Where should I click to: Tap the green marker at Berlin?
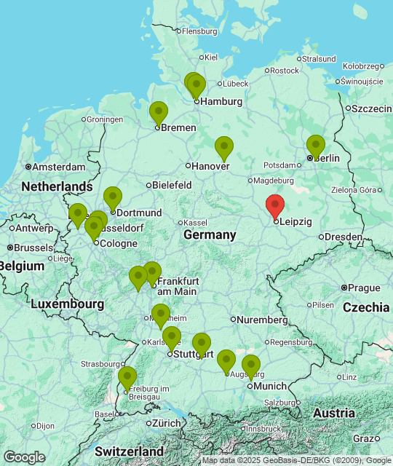click(315, 146)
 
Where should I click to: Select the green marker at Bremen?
click(158, 113)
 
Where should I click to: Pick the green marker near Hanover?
click(224, 148)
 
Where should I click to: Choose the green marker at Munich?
click(251, 366)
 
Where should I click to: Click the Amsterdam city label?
click(58, 167)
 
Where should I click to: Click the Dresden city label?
click(344, 237)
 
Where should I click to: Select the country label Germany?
click(210, 234)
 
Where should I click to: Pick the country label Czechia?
click(366, 307)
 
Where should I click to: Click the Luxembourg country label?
click(67, 303)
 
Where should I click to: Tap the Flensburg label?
click(199, 31)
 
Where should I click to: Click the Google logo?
click(24, 457)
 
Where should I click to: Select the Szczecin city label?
click(373, 108)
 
